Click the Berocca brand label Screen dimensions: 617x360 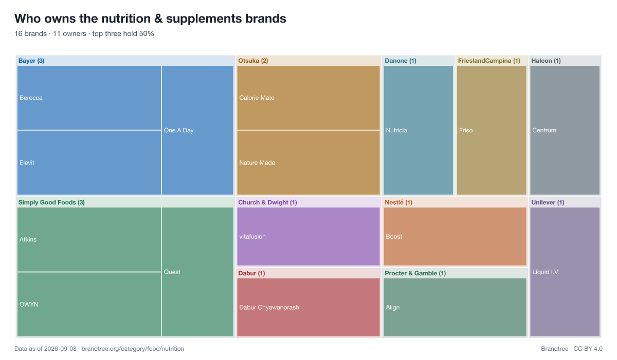pyautogui.click(x=31, y=98)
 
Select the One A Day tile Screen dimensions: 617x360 pyautogui.click(x=197, y=130)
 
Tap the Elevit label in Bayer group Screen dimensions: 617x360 pyautogui.click(x=27, y=163)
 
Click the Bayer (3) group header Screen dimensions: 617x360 pyautogui.click(x=31, y=61)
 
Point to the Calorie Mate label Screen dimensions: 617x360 pyautogui.click(x=257, y=98)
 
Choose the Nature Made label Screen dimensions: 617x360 pyautogui.click(x=257, y=163)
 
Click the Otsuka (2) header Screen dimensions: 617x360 pyautogui.click(x=253, y=61)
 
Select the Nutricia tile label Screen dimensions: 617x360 pyautogui.click(x=396, y=130)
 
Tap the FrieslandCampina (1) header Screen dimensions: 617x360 pyautogui.click(x=489, y=61)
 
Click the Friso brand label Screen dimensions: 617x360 pyautogui.click(x=466, y=130)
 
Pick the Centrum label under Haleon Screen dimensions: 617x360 pyautogui.click(x=544, y=130)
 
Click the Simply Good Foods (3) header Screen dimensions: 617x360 pyautogui.click(x=51, y=203)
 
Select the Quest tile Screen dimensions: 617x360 pyautogui.click(x=197, y=272)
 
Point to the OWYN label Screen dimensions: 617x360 pyautogui.click(x=29, y=304)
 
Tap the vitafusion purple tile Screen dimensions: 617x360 pyautogui.click(x=308, y=237)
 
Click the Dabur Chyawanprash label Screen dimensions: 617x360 pyautogui.click(x=269, y=308)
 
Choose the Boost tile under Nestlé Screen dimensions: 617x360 pyautogui.click(x=455, y=237)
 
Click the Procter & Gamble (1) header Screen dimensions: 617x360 pyautogui.click(x=415, y=273)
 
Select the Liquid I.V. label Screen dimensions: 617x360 pyautogui.click(x=546, y=272)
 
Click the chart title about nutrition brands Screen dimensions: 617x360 pyautogui.click(x=150, y=19)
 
